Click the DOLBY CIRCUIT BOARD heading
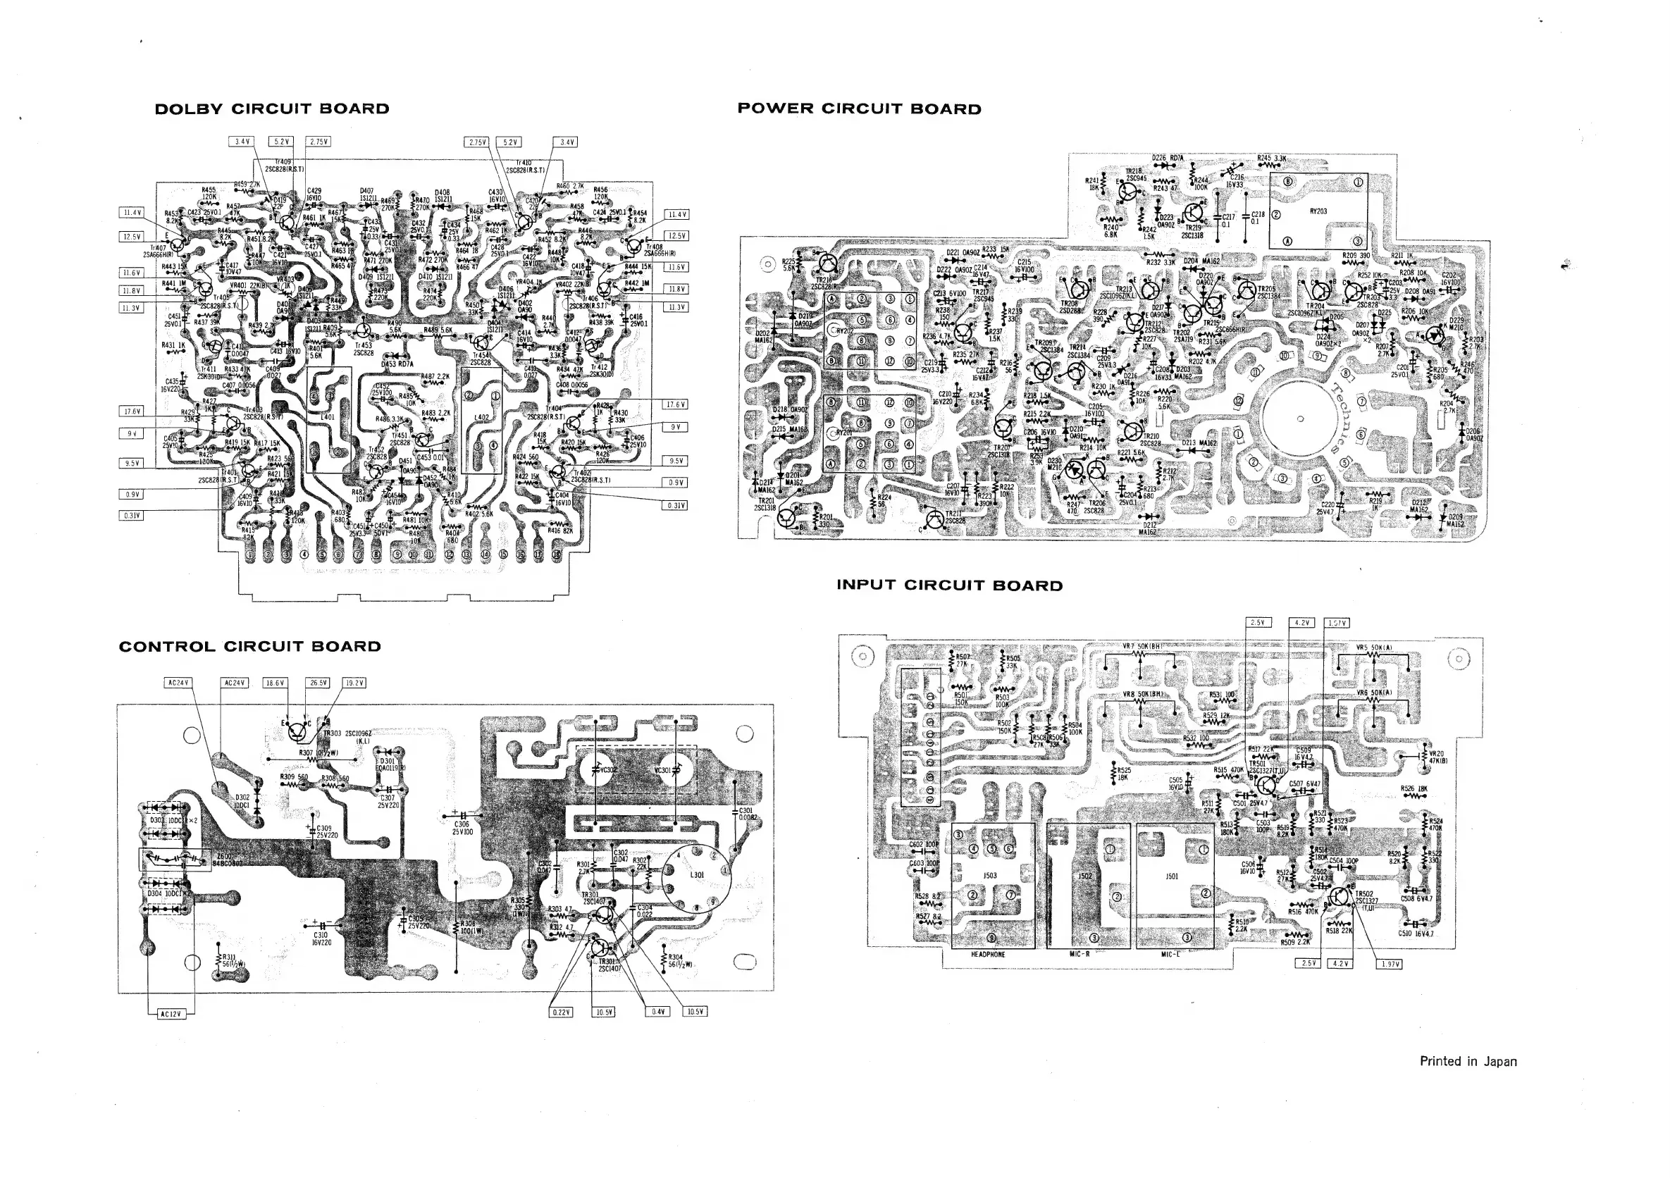272,109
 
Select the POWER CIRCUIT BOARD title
859,109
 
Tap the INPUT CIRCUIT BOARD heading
949,585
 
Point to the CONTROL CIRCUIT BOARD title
249,647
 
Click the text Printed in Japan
1468,1061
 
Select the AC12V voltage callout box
171,1014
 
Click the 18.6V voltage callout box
275,683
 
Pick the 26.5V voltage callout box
318,683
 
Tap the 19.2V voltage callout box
354,683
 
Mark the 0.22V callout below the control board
560,1012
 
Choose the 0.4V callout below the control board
657,1012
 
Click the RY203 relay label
1318,211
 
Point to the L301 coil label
697,875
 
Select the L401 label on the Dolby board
328,417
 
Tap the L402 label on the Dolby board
481,417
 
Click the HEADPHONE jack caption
988,954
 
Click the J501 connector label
1172,876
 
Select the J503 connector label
990,876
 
